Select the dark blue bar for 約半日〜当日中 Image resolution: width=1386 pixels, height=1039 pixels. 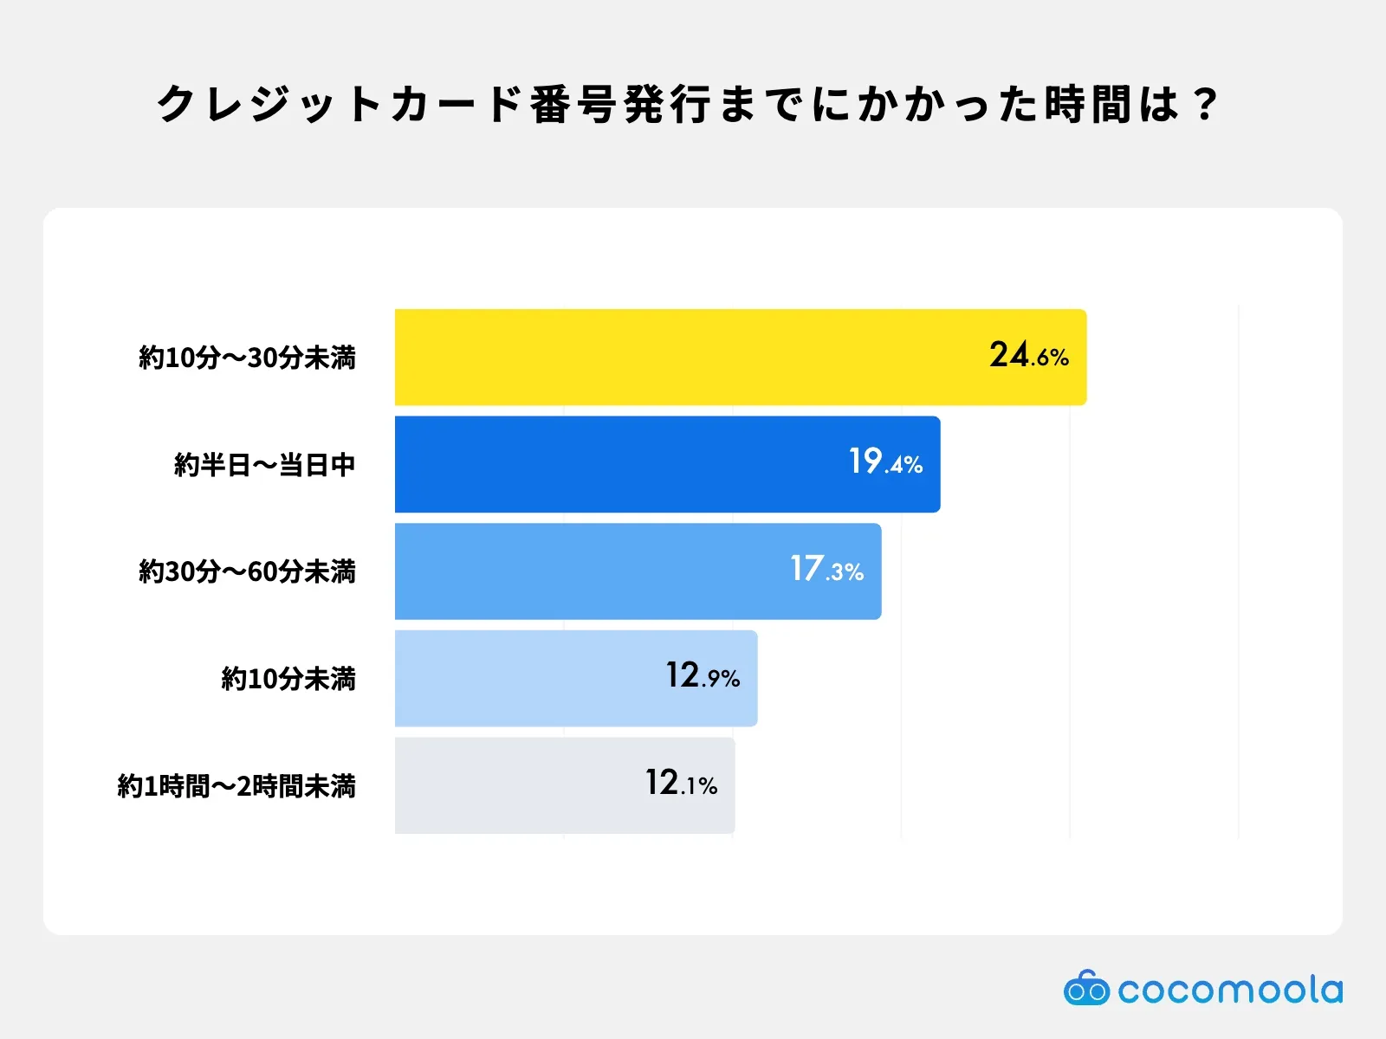606,464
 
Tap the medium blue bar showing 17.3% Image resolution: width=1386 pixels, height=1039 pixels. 589,571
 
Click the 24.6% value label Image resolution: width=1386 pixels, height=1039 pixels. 1029,355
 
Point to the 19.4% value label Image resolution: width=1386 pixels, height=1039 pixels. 885,462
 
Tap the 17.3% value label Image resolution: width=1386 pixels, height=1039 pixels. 826,570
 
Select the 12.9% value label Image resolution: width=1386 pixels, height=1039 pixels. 703,676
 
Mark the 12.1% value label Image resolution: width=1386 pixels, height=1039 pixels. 681,784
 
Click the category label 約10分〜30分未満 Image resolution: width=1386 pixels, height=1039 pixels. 247,358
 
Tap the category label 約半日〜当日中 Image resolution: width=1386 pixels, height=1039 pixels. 264,465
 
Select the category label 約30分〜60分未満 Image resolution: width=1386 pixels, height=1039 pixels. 247,571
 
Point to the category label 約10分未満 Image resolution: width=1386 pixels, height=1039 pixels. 288,679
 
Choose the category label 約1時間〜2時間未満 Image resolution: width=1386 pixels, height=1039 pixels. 236,786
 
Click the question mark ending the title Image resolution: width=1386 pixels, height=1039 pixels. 1205,105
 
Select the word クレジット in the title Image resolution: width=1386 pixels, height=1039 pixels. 269,105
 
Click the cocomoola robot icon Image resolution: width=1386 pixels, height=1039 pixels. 1085,988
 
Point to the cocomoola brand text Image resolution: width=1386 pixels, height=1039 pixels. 1230,990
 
